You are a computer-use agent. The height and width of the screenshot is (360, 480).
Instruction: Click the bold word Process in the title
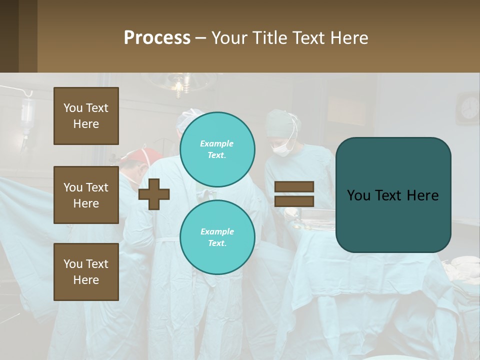[157, 37]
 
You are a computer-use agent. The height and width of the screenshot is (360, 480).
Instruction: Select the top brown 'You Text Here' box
[86, 116]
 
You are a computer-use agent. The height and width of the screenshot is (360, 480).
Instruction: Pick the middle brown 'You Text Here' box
[86, 195]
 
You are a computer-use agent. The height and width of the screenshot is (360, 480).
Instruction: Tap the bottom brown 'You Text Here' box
[86, 271]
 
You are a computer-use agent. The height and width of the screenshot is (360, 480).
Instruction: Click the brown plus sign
[154, 194]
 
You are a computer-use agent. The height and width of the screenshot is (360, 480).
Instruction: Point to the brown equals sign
[294, 194]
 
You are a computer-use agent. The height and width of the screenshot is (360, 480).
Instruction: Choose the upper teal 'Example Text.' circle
[217, 149]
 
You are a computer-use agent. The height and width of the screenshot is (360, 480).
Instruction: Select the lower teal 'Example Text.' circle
[217, 237]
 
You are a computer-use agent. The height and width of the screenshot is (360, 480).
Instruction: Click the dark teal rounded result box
[393, 195]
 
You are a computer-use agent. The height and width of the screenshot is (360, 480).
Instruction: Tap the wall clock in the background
[469, 107]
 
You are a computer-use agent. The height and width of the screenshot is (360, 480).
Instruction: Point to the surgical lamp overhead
[178, 85]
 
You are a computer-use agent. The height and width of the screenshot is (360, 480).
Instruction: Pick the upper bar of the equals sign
[294, 187]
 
